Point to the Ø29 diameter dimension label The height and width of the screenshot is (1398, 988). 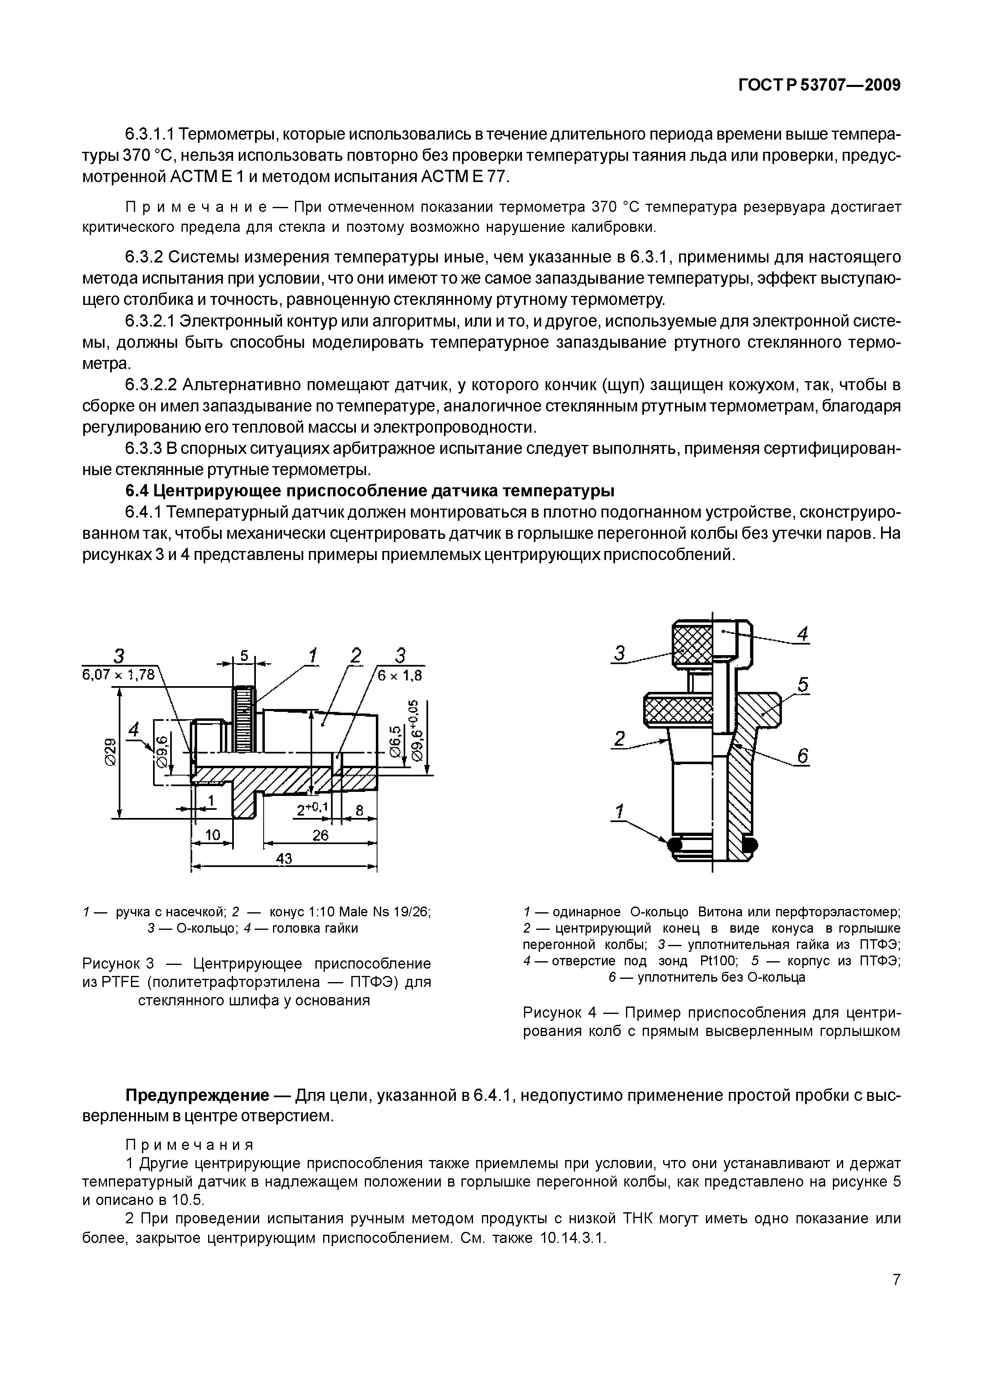(110, 753)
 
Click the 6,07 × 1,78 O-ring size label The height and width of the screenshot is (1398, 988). (119, 675)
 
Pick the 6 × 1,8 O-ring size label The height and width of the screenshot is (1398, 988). (400, 675)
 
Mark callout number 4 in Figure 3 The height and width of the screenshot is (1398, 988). (134, 729)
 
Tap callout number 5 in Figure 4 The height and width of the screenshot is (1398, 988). (803, 685)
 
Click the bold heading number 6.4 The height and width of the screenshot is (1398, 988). (137, 490)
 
